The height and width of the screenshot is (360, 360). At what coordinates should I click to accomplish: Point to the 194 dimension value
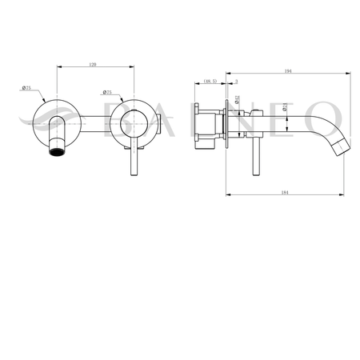287,71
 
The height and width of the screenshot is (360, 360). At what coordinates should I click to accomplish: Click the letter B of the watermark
109,117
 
